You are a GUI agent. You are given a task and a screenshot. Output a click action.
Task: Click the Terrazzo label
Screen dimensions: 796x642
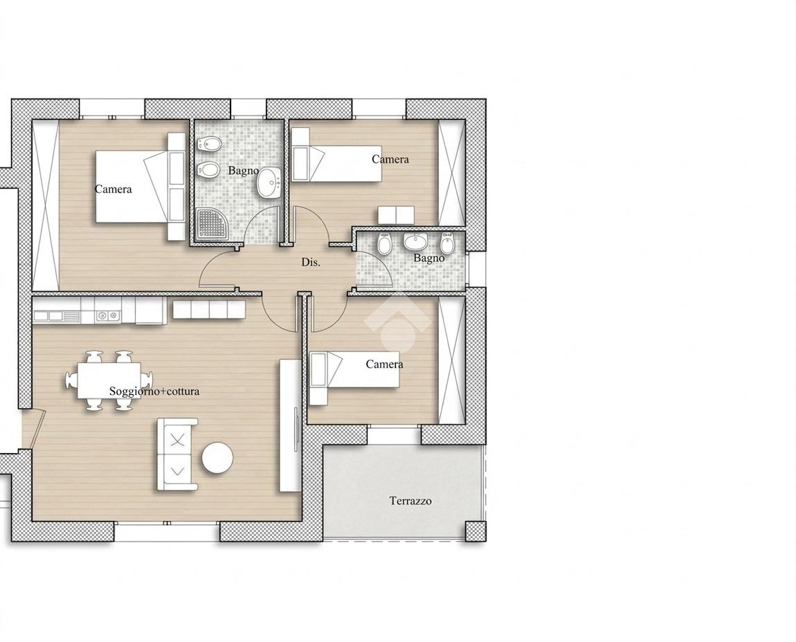[410, 501]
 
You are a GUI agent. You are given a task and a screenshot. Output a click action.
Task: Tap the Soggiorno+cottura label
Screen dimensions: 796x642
[154, 392]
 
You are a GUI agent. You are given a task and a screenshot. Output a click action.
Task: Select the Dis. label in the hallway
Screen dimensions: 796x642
[311, 262]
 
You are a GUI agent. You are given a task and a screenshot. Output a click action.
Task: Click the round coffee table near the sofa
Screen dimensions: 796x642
[218, 458]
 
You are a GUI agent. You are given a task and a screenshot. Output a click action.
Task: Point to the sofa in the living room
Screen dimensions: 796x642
[177, 455]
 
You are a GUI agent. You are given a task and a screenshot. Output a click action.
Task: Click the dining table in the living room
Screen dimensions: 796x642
[109, 380]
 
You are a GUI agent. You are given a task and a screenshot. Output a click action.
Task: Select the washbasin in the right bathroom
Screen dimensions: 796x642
[415, 241]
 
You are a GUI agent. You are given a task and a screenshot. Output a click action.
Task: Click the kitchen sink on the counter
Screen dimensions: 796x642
[56, 316]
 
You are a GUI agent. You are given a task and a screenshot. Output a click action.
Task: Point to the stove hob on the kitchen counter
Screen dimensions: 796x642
[107, 316]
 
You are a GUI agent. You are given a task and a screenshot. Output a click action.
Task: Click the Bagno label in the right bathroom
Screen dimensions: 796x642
[429, 258]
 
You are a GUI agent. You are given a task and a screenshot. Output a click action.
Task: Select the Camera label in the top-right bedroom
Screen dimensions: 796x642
[390, 159]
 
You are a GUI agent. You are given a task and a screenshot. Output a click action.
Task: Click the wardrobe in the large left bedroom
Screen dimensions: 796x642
[46, 205]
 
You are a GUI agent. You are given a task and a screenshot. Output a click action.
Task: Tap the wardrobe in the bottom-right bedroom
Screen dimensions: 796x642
[452, 361]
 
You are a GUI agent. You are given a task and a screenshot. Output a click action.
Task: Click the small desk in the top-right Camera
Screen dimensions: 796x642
[396, 215]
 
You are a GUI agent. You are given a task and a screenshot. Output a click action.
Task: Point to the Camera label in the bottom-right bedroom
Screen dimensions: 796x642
[384, 365]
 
